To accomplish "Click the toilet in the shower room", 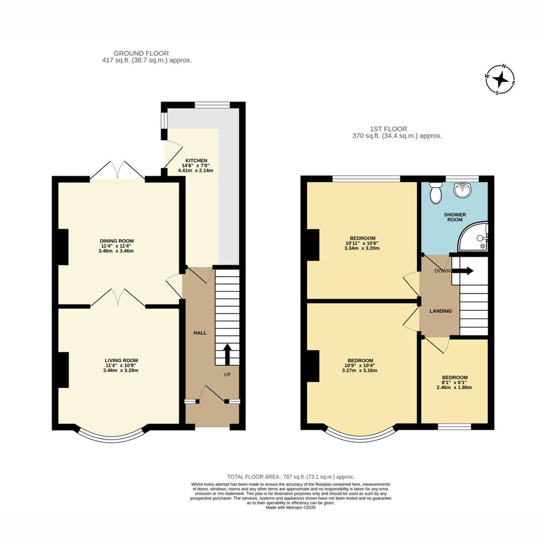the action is tap(435, 193).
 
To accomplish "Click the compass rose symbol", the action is tap(500, 80).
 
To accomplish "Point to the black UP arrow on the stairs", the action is tap(227, 354).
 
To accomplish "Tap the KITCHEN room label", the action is tap(196, 161).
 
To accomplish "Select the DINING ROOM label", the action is tap(117, 241).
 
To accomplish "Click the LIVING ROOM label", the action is tap(121, 360).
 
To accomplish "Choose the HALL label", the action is tap(200, 333).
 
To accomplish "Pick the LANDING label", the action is tap(441, 311).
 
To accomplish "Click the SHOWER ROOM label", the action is tap(455, 217).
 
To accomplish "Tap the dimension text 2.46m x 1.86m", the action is tap(455, 387).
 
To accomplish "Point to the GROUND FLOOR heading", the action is tap(141, 53).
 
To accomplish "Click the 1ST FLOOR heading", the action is tap(389, 129).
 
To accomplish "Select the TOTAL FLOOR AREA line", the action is tap(291, 477).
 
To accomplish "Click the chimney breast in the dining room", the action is tap(63, 247).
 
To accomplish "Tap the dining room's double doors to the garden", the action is tap(117, 171).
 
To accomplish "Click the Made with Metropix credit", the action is tap(291, 508).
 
